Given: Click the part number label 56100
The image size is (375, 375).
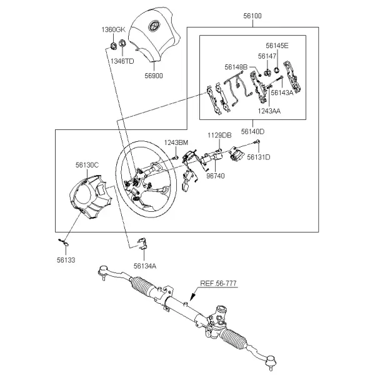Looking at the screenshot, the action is (x=252, y=16).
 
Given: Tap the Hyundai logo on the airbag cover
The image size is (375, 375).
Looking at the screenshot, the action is (x=153, y=26).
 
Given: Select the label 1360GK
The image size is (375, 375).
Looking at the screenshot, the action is (x=113, y=29).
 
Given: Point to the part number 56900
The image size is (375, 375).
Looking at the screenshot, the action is (x=154, y=76).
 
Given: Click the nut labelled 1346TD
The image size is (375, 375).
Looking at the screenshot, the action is (x=122, y=44).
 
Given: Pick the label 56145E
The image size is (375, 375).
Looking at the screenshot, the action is (x=277, y=46).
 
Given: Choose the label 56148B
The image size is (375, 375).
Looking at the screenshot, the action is (x=236, y=67).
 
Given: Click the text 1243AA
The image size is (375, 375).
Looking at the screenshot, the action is (x=269, y=111).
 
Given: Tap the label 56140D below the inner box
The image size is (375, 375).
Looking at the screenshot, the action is (x=252, y=131).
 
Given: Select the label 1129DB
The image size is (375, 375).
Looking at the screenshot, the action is (x=219, y=136).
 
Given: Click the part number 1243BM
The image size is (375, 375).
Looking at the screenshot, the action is (x=176, y=142).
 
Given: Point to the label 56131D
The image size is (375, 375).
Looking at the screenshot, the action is (x=259, y=157).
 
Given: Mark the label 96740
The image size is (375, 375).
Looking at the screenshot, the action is (x=216, y=176).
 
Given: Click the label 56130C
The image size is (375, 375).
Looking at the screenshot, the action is (x=87, y=165).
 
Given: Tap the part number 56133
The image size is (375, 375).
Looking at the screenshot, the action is (x=66, y=260).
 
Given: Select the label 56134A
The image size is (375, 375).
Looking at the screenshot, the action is (x=145, y=266).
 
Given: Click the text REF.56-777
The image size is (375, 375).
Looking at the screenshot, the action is (x=218, y=283).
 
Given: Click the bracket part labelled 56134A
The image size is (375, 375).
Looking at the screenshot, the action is (x=142, y=244).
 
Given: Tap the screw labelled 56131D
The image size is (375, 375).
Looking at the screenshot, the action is (x=257, y=142).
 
